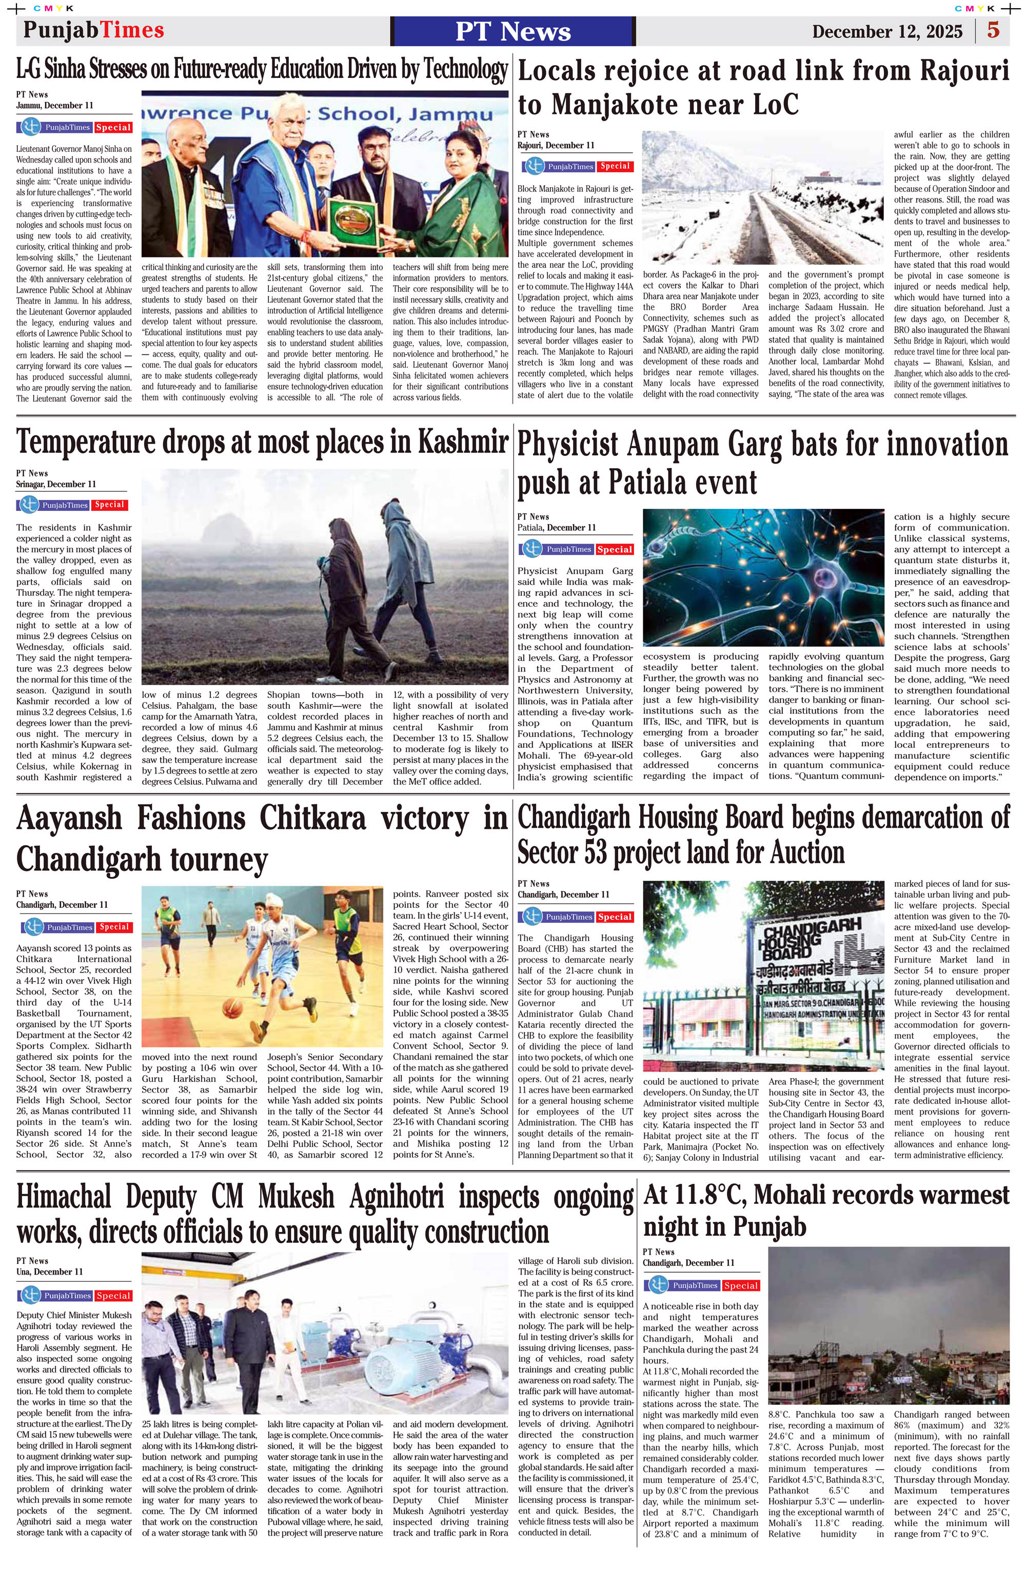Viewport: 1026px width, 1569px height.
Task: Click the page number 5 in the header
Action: click(x=993, y=30)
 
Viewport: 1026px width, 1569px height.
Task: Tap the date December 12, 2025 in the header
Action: click(x=887, y=32)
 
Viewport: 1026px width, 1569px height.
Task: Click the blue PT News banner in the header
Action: click(x=512, y=31)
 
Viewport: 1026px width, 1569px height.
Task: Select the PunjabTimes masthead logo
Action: click(x=94, y=30)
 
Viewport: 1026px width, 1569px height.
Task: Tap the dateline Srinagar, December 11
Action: click(x=56, y=484)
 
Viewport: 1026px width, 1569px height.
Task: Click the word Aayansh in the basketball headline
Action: click(x=69, y=819)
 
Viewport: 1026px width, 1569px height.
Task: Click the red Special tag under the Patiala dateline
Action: click(x=615, y=549)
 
